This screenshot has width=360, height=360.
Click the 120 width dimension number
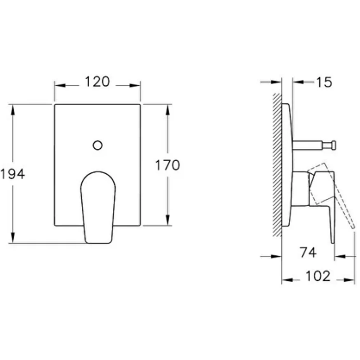(x=97, y=82)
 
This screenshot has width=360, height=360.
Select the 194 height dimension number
(x=12, y=174)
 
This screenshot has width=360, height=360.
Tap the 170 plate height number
(x=168, y=165)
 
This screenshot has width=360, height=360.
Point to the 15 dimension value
(x=324, y=82)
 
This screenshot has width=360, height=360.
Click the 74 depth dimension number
(x=308, y=252)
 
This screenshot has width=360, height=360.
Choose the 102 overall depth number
(x=318, y=276)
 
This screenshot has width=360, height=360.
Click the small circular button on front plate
(x=98, y=145)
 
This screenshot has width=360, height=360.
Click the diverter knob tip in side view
(x=332, y=145)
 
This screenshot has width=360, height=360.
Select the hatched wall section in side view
(x=277, y=165)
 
